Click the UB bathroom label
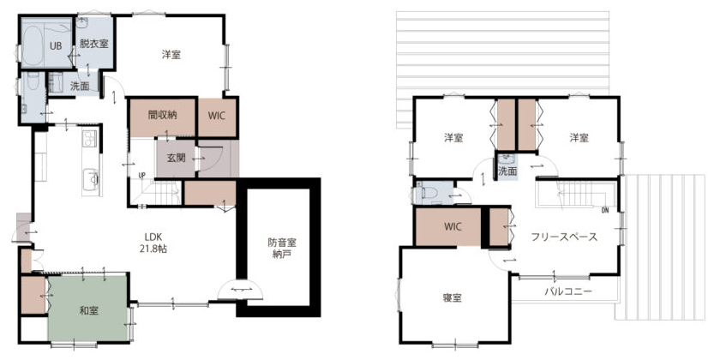[56, 46]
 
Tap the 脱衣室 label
[94, 44]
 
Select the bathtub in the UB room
[32, 45]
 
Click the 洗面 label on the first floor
[80, 86]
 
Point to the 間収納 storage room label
[162, 115]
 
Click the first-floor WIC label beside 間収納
[217, 116]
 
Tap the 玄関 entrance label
[176, 158]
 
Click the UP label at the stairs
[142, 175]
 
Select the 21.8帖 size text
[153, 249]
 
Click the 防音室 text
[282, 243]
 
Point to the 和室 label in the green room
[89, 311]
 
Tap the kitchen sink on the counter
[91, 179]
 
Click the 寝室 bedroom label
[453, 298]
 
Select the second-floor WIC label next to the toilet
[453, 226]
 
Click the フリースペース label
[564, 237]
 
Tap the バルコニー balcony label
[568, 291]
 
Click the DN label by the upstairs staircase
[605, 210]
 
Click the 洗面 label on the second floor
[507, 171]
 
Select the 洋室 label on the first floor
[171, 55]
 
